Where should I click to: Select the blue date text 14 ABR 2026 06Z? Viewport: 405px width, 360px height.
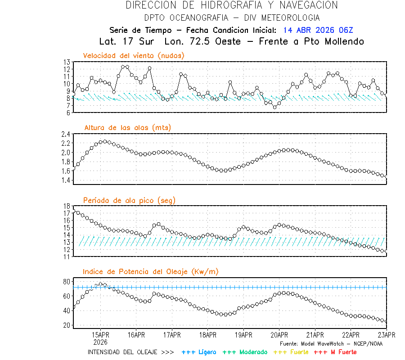(x=318, y=30)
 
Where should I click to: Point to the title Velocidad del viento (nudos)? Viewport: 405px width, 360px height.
(x=134, y=55)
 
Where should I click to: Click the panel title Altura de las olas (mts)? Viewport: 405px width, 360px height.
(x=128, y=128)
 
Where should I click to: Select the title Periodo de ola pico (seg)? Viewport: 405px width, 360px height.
(x=129, y=200)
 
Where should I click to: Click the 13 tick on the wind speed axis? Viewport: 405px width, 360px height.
(x=67, y=62)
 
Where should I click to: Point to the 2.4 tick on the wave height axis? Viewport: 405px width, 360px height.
(x=66, y=134)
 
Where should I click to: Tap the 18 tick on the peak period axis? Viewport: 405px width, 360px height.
(x=67, y=206)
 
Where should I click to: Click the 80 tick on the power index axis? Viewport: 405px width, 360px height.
(x=67, y=282)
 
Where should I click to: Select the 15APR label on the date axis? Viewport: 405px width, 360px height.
(x=100, y=335)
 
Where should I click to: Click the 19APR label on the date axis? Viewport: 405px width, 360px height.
(x=243, y=335)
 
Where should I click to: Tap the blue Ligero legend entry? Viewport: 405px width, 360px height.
(x=199, y=352)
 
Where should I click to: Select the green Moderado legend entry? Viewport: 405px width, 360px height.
(x=245, y=352)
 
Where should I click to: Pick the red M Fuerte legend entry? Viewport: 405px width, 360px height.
(x=335, y=352)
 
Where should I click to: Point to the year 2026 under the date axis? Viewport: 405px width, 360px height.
(x=100, y=342)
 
